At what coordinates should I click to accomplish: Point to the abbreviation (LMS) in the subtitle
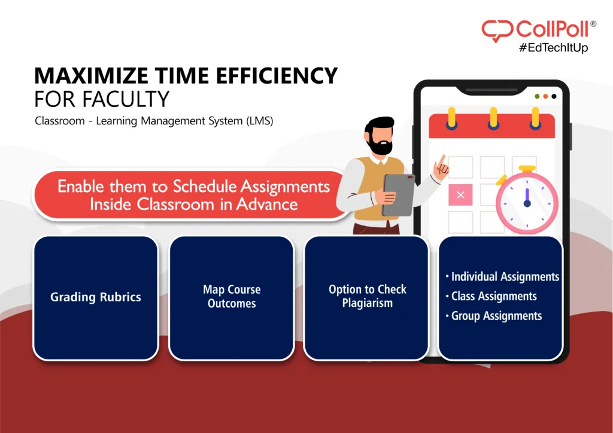coord(259,121)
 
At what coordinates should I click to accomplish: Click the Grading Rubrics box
coord(96,297)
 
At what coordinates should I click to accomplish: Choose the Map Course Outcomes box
coord(232,297)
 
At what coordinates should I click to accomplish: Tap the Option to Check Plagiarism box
coord(367,296)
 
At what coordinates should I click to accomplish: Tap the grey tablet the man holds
coord(398,195)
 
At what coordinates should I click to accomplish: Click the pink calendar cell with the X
coord(460,194)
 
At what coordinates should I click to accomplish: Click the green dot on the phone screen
coord(537,96)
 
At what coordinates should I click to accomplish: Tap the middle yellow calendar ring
coord(493,118)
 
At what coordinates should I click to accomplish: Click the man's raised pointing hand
coord(441,167)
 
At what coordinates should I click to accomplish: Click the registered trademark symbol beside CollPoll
coord(593,24)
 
